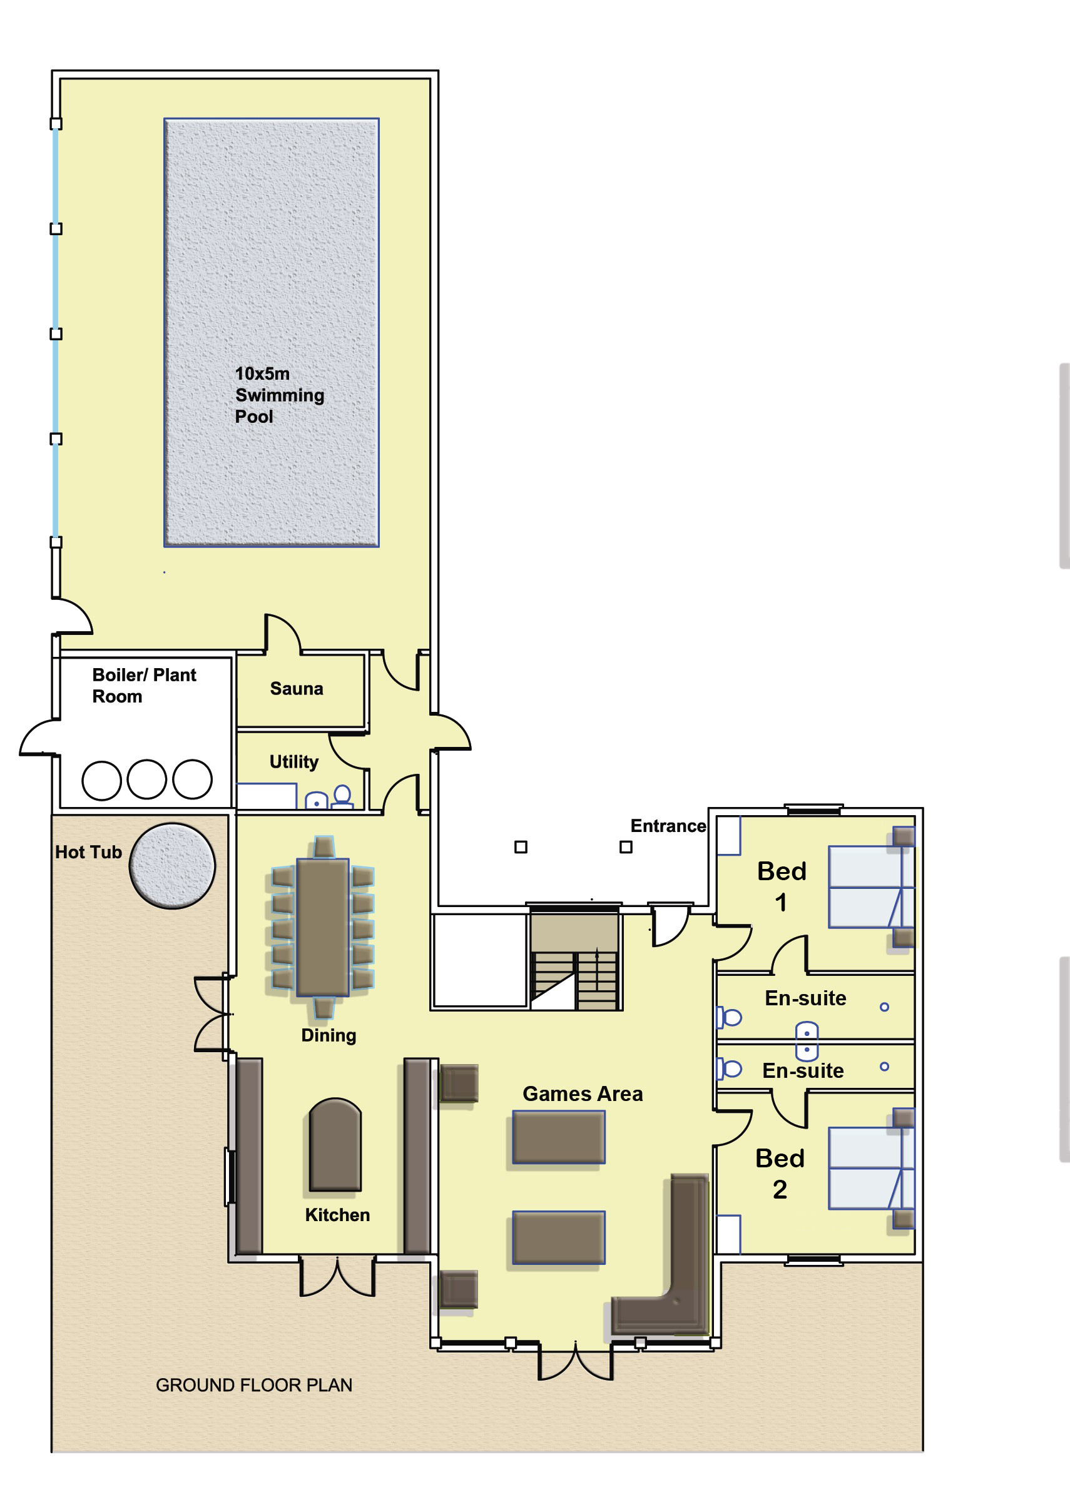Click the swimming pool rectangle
click(x=272, y=333)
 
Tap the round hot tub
click(x=173, y=866)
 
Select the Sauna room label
click(x=297, y=689)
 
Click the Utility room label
click(x=294, y=762)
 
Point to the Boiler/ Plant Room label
click(x=145, y=686)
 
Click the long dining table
click(x=323, y=926)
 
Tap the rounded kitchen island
click(x=335, y=1145)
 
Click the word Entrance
click(x=668, y=826)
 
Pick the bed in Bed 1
click(x=871, y=887)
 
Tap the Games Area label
click(x=583, y=1094)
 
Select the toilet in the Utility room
click(x=342, y=796)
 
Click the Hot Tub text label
click(x=88, y=852)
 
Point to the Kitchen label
click(x=337, y=1215)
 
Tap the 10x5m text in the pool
click(x=262, y=374)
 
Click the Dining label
click(x=329, y=1036)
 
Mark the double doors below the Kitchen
click(x=337, y=1278)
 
